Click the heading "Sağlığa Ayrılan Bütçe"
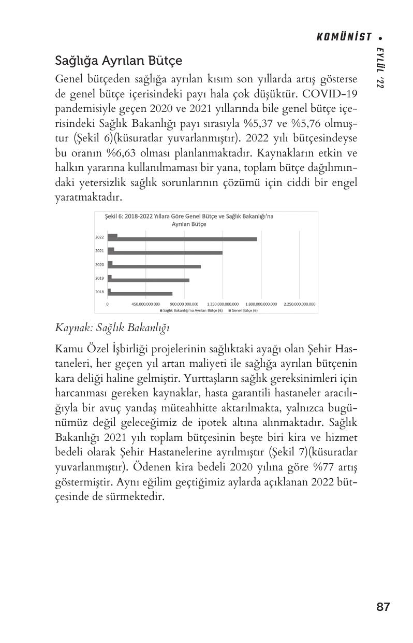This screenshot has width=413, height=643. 119,61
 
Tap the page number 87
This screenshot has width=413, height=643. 383,607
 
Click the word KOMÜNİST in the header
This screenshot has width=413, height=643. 345,37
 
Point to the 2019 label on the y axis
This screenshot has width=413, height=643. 99,278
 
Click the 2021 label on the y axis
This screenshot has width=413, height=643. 99,251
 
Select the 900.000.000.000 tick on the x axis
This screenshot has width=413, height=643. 184,304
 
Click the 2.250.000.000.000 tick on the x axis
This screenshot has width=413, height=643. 300,304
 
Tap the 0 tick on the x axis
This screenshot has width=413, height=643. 108,304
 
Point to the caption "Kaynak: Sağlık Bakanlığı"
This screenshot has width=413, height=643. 112,328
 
